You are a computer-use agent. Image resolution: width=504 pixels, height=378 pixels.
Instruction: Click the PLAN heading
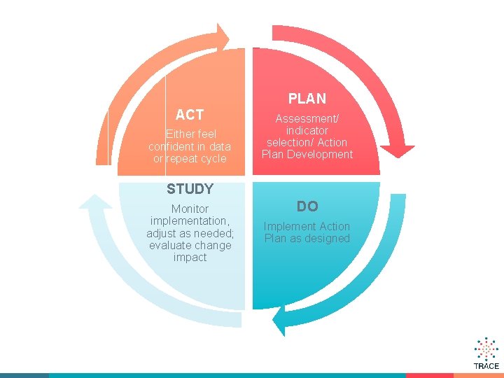coord(307,99)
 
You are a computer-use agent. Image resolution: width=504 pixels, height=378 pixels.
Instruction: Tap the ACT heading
coord(190,115)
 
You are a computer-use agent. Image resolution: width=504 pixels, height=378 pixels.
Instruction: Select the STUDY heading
coord(190,189)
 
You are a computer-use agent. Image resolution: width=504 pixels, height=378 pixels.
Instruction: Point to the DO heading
coord(307,206)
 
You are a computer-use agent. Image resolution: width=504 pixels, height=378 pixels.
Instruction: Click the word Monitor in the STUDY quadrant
coord(190,209)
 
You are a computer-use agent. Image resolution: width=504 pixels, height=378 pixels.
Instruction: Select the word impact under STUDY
coord(190,258)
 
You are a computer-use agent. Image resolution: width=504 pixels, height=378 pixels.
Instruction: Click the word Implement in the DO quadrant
coord(289,226)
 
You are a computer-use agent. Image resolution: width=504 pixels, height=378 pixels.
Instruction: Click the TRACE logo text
coord(486,366)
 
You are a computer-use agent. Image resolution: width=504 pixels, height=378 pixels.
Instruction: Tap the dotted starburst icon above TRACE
coord(486,349)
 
